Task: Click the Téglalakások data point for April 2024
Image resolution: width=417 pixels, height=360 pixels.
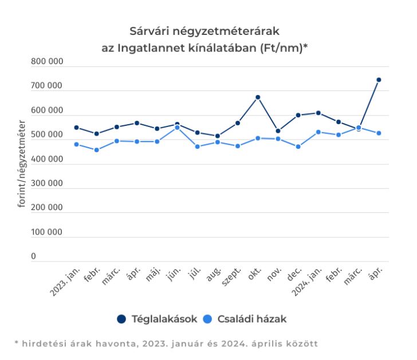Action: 379,80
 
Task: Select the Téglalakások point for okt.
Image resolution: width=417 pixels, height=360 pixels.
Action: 258,97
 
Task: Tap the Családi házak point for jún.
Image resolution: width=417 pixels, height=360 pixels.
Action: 177,128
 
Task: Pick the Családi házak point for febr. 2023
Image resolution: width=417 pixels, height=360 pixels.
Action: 96,150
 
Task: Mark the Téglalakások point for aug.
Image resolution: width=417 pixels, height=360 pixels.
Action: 218,136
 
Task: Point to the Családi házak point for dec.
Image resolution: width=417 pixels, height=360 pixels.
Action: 298,147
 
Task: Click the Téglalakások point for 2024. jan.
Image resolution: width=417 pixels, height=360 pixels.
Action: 318,113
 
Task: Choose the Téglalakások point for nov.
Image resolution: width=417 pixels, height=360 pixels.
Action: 278,131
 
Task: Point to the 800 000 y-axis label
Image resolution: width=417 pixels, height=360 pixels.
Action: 47,62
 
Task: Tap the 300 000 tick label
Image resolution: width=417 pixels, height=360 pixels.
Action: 47,184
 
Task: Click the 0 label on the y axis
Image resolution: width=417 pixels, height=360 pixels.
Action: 34,257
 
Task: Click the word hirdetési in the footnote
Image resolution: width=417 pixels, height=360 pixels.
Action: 44,343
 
